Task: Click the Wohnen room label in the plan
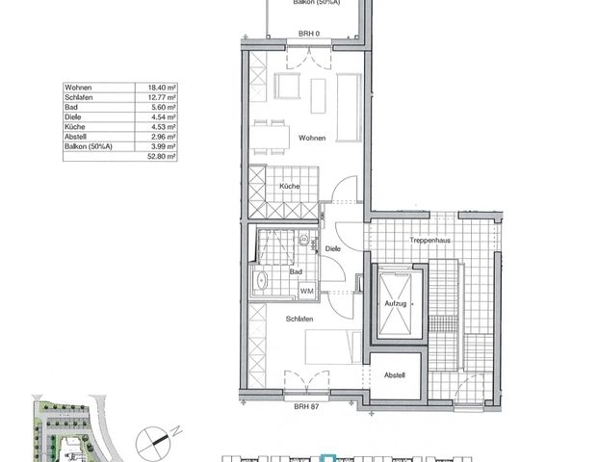311,139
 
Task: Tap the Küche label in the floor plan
290,186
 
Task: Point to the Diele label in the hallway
333,248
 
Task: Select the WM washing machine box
306,291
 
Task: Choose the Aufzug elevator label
395,303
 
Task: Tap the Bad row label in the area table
70,107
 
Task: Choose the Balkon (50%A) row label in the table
86,146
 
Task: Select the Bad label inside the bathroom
297,272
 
